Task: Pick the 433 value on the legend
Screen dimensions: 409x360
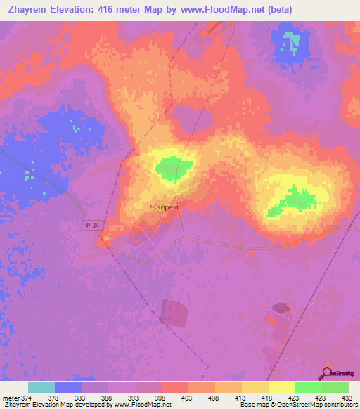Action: click(x=347, y=398)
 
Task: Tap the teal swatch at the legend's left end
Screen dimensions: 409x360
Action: click(x=41, y=387)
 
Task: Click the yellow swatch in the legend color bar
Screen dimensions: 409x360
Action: click(x=282, y=387)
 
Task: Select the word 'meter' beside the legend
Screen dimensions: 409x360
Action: click(x=11, y=398)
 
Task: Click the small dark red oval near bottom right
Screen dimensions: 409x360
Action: click(x=281, y=308)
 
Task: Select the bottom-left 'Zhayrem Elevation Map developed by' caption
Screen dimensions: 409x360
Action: click(x=56, y=405)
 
